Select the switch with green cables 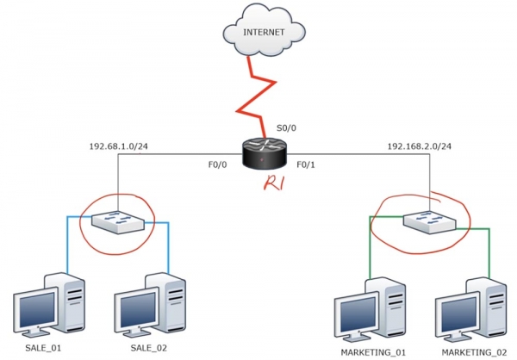tap(427, 221)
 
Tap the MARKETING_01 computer tap(371, 306)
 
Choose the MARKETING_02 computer tap(470, 306)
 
